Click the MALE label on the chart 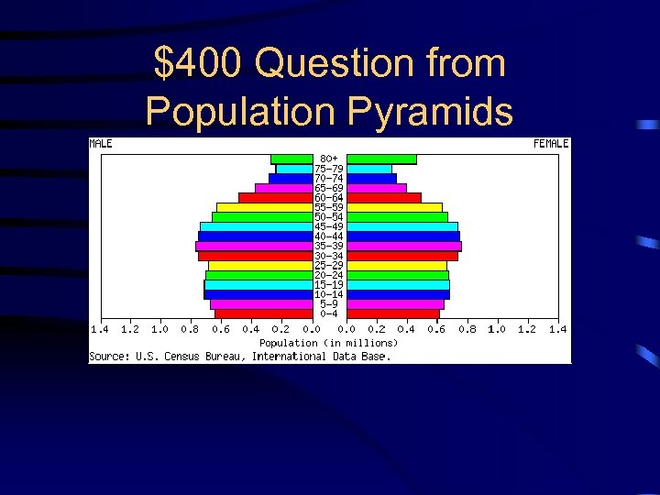tap(101, 143)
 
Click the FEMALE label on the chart tap(552, 143)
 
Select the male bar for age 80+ tap(291, 159)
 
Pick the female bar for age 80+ tap(381, 159)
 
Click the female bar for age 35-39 tap(404, 246)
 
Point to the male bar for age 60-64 tap(275, 197)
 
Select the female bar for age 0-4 tap(393, 313)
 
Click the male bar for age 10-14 tap(258, 294)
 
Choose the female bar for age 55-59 tap(394, 207)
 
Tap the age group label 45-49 tap(329, 226)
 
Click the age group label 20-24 tap(329, 275)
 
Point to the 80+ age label tap(329, 159)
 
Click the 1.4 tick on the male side tap(99, 328)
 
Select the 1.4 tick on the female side tap(557, 328)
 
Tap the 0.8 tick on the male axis tap(190, 328)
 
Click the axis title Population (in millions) tap(329, 343)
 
